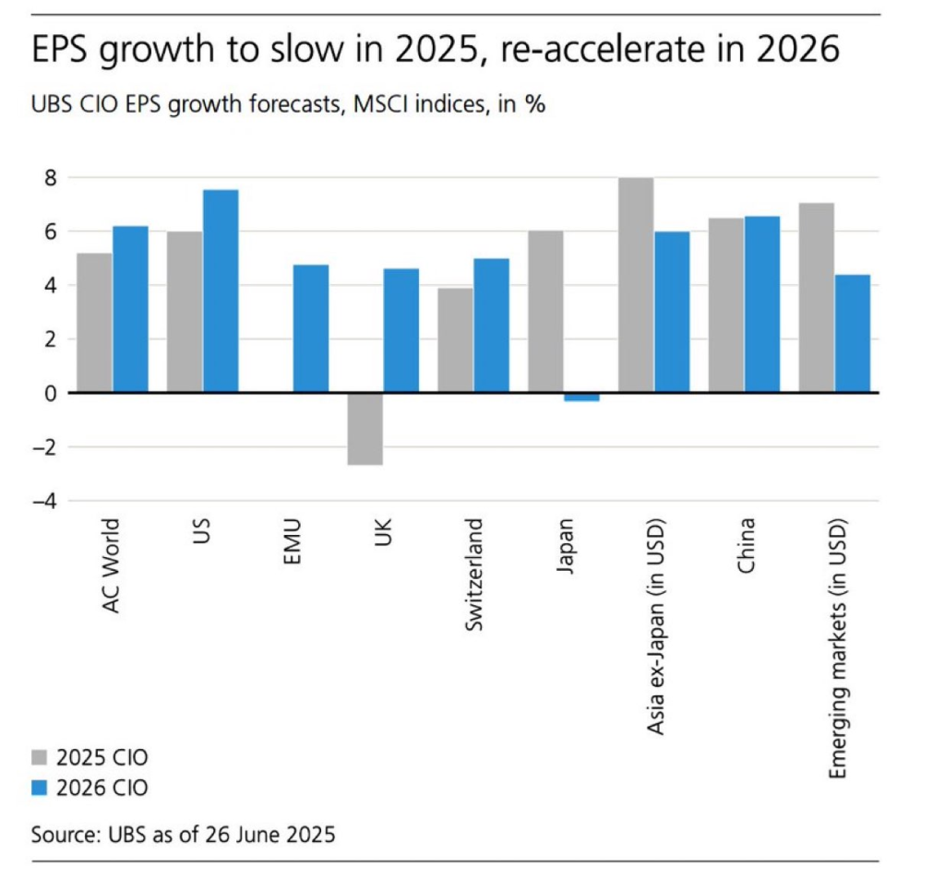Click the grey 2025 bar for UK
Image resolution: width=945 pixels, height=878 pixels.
click(365, 429)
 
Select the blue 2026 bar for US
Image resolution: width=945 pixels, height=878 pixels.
click(221, 291)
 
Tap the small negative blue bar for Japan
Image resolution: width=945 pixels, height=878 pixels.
click(581, 397)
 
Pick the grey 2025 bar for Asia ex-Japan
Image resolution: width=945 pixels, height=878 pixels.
click(636, 285)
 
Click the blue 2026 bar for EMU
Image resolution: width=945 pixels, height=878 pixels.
click(311, 328)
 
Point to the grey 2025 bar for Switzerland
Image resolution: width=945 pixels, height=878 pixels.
click(455, 340)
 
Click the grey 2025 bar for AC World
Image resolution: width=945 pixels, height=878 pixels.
click(94, 323)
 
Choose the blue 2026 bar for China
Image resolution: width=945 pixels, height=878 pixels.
click(762, 304)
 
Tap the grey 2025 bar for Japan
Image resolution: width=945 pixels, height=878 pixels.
click(545, 312)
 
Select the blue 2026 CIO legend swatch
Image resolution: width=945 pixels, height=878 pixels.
click(40, 789)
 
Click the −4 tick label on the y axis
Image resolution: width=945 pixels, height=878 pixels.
click(42, 502)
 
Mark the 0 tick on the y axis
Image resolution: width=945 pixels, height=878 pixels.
click(48, 394)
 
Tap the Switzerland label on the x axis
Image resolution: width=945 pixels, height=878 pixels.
click(473, 575)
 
